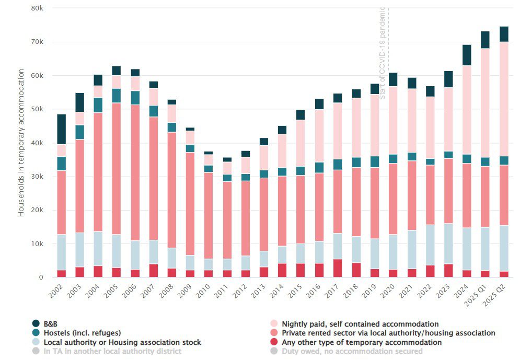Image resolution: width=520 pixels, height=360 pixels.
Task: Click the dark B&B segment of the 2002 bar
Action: click(x=62, y=129)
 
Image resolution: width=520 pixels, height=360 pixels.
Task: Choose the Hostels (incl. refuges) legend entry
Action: click(x=82, y=333)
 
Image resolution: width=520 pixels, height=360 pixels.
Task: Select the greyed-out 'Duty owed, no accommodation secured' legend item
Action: click(x=351, y=351)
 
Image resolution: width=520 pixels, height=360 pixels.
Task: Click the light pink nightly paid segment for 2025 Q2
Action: click(x=504, y=99)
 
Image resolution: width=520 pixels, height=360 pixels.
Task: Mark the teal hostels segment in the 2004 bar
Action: click(x=98, y=105)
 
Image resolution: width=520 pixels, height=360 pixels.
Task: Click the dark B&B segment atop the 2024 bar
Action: click(x=467, y=55)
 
